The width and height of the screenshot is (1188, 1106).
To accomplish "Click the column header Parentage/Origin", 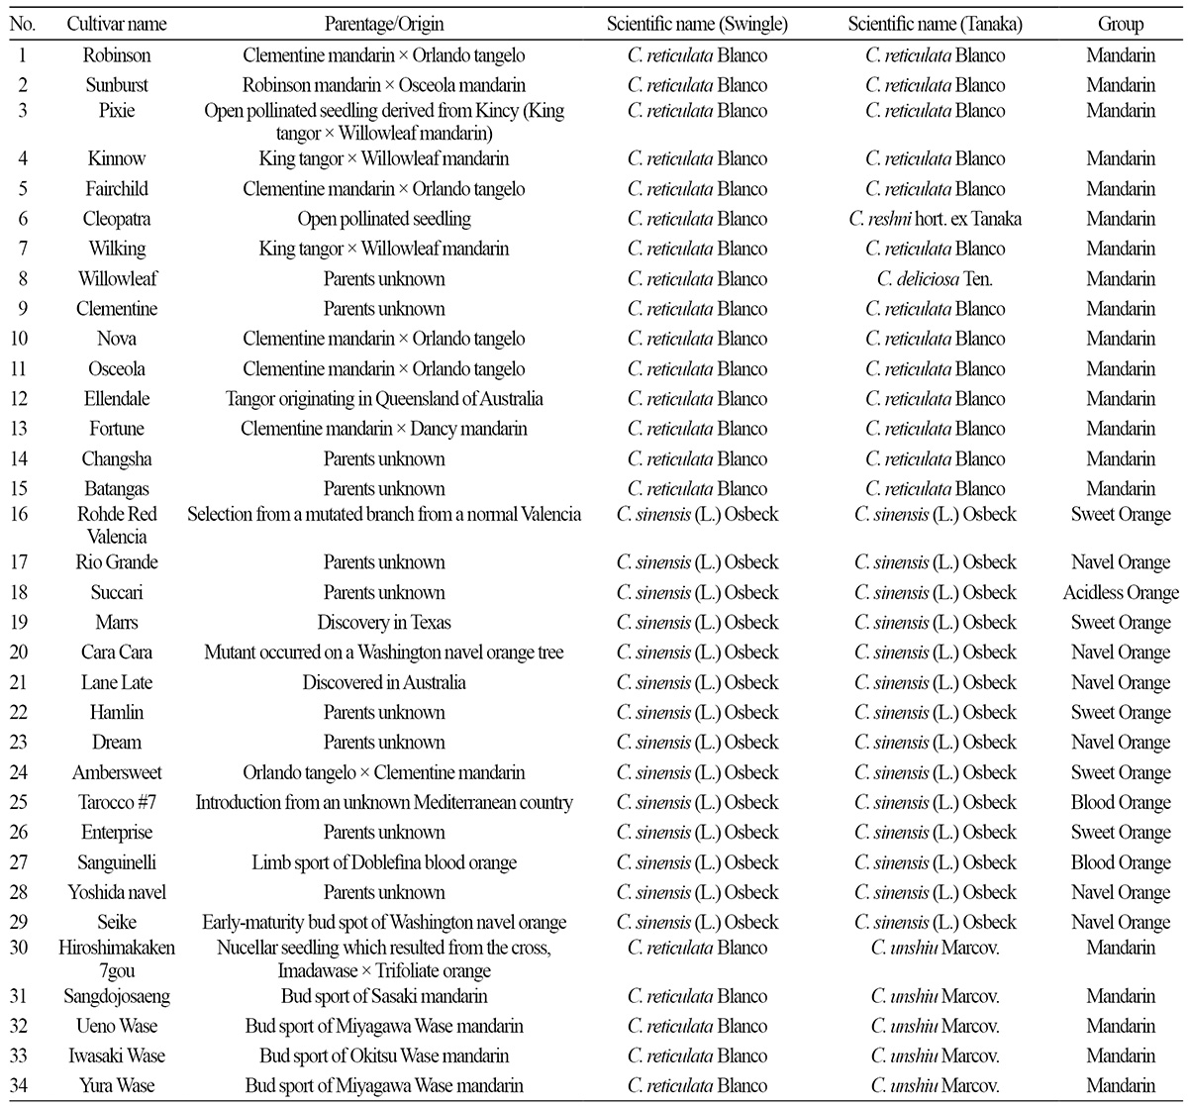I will pyautogui.click(x=384, y=24).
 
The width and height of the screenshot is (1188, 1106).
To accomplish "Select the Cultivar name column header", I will pyautogui.click(x=117, y=24).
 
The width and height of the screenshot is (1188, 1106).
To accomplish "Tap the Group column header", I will pyautogui.click(x=1121, y=24).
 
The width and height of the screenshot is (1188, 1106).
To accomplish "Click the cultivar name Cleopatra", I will pyautogui.click(x=117, y=219).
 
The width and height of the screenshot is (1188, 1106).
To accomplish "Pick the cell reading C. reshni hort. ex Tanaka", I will pyautogui.click(x=936, y=219).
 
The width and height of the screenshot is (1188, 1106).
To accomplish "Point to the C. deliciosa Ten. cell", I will pyautogui.click(x=936, y=278).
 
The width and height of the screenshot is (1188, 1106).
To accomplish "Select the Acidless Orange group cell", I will pyautogui.click(x=1121, y=592).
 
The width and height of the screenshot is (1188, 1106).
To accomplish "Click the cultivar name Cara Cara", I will pyautogui.click(x=117, y=653).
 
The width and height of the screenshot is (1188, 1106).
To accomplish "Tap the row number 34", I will pyautogui.click(x=24, y=1085).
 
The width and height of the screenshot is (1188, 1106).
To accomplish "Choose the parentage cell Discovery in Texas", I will pyautogui.click(x=384, y=623).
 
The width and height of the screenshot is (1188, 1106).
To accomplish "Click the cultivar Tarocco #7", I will pyautogui.click(x=117, y=802).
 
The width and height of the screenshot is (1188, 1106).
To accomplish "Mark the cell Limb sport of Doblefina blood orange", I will pyautogui.click(x=384, y=862).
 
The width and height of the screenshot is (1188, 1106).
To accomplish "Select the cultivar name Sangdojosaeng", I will pyautogui.click(x=117, y=996).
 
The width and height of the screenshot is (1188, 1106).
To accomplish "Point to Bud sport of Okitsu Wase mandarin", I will pyautogui.click(x=384, y=1056).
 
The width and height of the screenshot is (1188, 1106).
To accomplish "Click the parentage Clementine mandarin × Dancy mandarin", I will pyautogui.click(x=384, y=429).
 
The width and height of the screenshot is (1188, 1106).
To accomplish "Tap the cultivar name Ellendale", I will pyautogui.click(x=117, y=399).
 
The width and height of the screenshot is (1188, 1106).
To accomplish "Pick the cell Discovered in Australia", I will pyautogui.click(x=384, y=682).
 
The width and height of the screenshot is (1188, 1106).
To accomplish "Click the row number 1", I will pyautogui.click(x=24, y=55).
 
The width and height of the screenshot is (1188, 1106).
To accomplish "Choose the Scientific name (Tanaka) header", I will pyautogui.click(x=936, y=24).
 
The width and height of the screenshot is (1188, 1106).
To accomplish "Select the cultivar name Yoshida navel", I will pyautogui.click(x=117, y=892).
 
